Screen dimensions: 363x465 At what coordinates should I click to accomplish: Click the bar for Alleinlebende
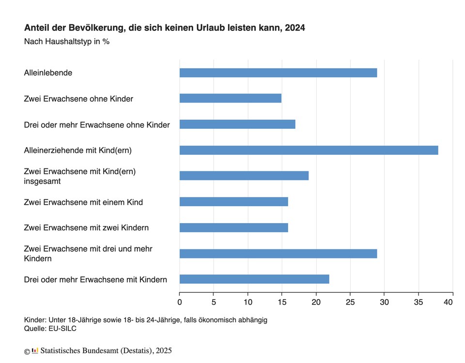tap(278, 73)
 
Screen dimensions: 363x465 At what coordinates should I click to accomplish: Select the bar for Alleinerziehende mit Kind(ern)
tap(309, 150)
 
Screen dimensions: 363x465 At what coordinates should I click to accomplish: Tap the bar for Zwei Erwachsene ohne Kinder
tap(230, 99)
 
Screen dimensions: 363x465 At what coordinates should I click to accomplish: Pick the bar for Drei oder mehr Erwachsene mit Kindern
tap(254, 279)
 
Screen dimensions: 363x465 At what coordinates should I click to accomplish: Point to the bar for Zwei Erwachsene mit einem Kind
tap(233, 202)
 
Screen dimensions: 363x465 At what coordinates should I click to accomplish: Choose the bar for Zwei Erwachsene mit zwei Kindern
tap(233, 227)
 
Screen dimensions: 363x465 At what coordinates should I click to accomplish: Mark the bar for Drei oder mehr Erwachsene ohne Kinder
tap(237, 124)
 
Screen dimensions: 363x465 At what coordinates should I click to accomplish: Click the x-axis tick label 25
tap(350, 302)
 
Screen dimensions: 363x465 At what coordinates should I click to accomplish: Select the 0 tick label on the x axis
tap(180, 302)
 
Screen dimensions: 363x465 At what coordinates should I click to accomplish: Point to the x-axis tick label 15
tap(281, 302)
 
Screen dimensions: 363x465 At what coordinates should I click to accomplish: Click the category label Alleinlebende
tap(48, 73)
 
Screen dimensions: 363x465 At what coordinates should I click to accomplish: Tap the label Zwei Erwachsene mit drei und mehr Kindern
tap(88, 253)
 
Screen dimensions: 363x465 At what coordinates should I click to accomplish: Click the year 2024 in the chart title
tap(295, 28)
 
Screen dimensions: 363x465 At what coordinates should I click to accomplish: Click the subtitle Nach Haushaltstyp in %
tap(67, 42)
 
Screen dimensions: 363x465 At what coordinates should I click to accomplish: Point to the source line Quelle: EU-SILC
tap(50, 329)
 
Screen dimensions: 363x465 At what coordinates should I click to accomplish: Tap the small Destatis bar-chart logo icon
tap(35, 350)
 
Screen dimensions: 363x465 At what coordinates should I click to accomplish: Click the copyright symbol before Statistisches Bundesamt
tap(27, 351)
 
